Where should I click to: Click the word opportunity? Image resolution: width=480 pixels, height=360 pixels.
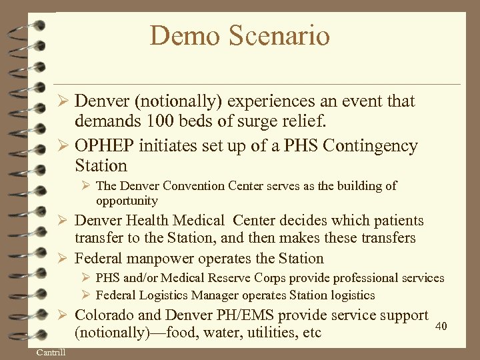127,201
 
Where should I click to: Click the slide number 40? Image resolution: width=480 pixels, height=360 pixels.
441,326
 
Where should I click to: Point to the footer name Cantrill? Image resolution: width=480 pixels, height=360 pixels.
51,352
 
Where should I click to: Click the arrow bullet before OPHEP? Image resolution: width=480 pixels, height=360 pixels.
64,146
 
